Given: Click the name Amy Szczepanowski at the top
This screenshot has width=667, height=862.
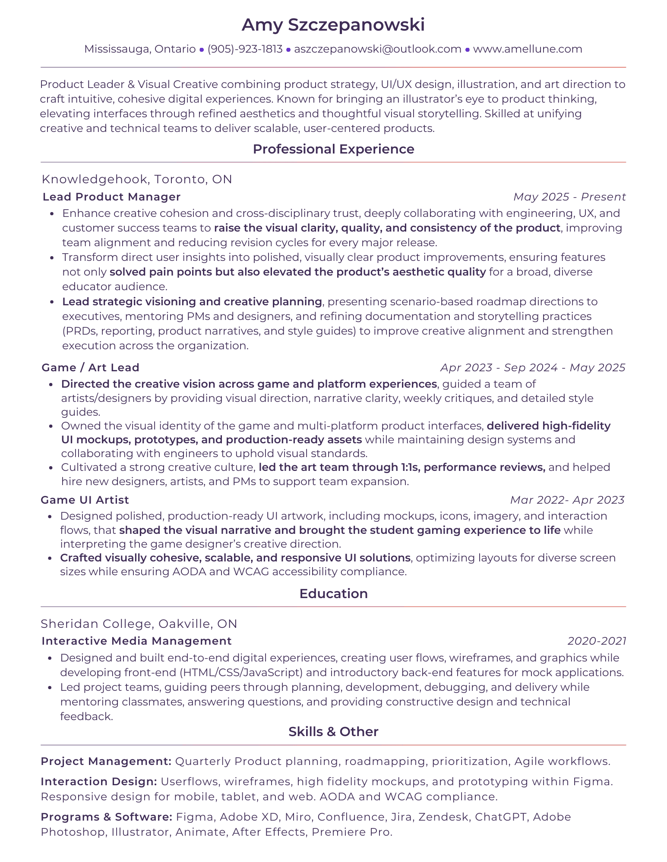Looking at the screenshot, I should point(333,25).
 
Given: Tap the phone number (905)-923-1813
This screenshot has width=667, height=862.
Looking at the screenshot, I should point(245,49).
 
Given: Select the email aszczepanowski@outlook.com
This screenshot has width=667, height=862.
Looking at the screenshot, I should point(377,49).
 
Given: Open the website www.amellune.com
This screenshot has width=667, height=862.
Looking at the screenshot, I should point(527,49).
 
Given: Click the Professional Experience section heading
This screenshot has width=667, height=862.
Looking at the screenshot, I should point(333,149).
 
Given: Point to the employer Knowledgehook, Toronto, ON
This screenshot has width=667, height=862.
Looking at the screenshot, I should point(137,179).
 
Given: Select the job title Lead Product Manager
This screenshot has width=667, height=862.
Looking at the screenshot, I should point(111,197).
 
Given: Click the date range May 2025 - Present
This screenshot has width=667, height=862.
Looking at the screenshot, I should point(569,197).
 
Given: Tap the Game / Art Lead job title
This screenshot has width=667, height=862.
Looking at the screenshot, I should point(90,368).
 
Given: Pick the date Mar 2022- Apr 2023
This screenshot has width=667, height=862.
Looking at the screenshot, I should point(567,500).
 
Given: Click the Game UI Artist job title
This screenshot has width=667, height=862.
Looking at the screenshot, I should point(85,500).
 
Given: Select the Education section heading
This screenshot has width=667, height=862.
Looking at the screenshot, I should point(333,594).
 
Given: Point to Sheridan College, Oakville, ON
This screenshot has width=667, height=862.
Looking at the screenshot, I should point(139,624).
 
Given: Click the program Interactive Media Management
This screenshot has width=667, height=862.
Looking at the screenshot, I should point(136,641).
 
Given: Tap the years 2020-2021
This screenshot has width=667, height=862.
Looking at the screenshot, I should point(597,641).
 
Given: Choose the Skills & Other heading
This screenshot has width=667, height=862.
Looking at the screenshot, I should point(333,732).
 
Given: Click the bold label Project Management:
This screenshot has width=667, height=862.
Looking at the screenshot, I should point(106,762).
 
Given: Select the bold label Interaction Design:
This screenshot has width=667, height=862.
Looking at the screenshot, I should point(99,782).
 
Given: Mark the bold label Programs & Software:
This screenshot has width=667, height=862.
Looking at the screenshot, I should point(107,817).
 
